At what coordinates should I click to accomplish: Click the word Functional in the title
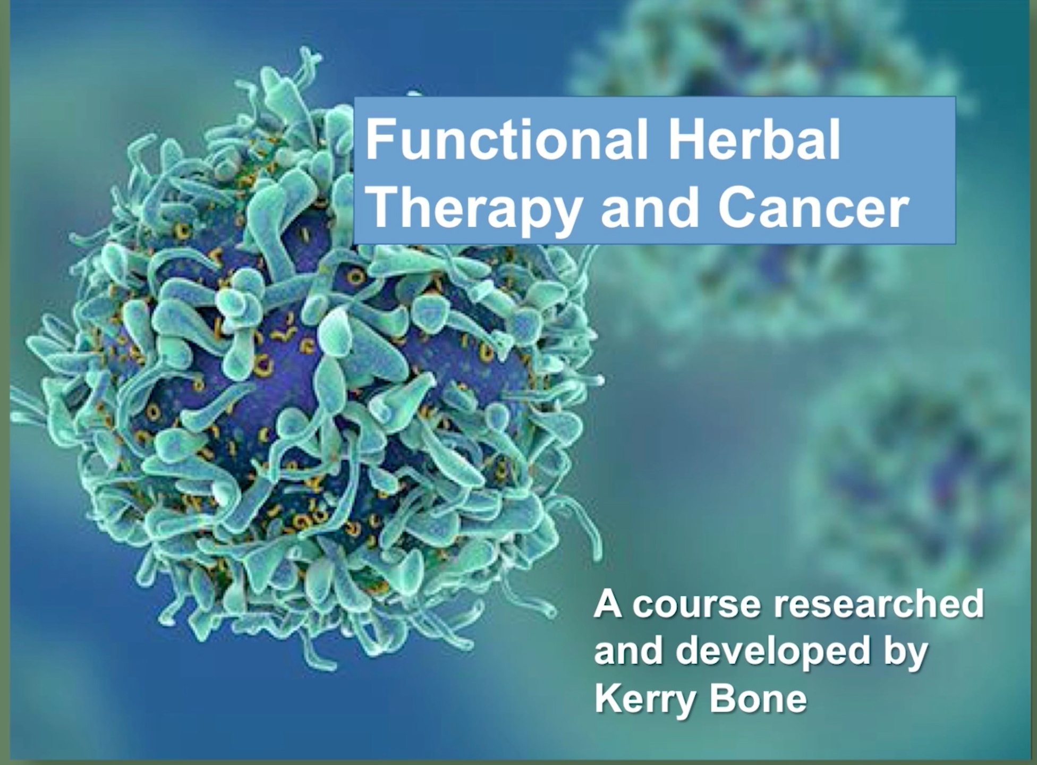[507, 140]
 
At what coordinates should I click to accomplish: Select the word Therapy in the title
[474, 209]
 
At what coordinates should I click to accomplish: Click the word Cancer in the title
[813, 208]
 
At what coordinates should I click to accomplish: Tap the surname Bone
[758, 697]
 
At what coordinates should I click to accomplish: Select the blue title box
[654, 170]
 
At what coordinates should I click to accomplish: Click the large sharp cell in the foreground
[308, 367]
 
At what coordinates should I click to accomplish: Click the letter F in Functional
[379, 140]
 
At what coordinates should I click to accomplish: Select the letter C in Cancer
[734, 208]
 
